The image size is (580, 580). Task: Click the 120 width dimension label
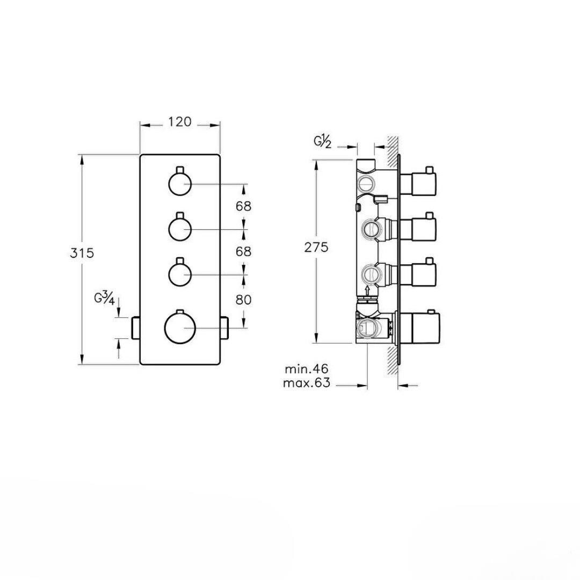click(x=180, y=121)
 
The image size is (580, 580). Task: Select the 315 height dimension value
click(x=82, y=253)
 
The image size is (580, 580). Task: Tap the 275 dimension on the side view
click(x=316, y=247)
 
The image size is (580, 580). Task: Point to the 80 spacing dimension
click(x=243, y=299)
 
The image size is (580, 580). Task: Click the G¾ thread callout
click(x=104, y=299)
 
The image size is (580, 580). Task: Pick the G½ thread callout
click(x=322, y=142)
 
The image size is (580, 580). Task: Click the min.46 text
click(x=306, y=368)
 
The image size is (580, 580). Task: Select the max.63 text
click(x=306, y=382)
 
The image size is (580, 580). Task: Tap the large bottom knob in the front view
click(x=180, y=328)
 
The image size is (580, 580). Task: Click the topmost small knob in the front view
click(x=180, y=183)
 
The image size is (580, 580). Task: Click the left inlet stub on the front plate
click(x=135, y=328)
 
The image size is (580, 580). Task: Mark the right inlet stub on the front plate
click(x=224, y=328)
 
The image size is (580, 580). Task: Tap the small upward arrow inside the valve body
click(x=367, y=290)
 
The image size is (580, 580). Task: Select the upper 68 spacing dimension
click(x=243, y=206)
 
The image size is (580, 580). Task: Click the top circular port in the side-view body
click(x=367, y=183)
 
